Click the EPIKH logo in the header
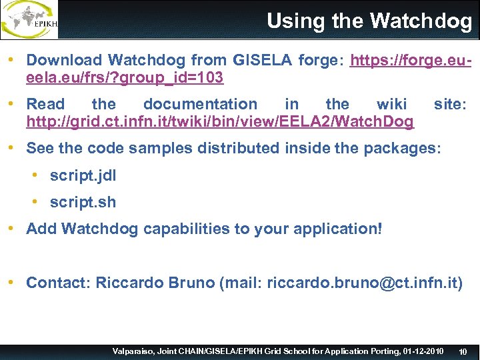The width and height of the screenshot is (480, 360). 30,19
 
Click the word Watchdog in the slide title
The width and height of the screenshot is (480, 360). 421,21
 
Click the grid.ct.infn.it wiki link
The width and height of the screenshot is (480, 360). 220,121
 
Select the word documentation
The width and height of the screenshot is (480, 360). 200,104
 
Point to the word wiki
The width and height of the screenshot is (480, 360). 391,104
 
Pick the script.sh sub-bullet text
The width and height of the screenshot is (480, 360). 83,202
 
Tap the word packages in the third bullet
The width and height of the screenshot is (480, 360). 402,148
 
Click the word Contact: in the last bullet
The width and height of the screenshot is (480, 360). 59,282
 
